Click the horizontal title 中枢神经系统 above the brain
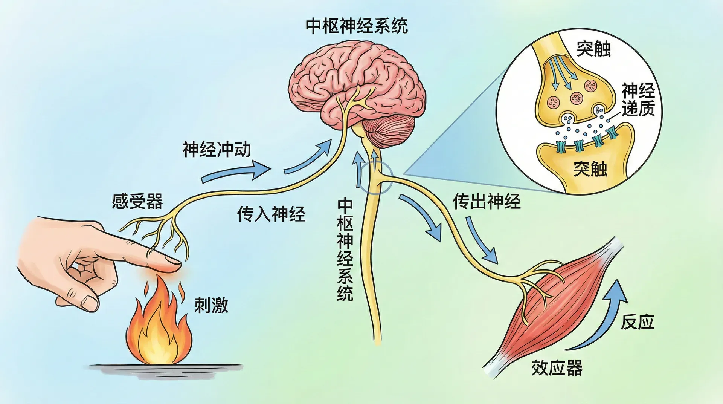coord(356,26)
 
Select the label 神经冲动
coord(217,150)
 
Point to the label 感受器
coord(137,201)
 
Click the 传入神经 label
coord(271,214)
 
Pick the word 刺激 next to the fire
coord(211,305)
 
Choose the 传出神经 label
coord(487,201)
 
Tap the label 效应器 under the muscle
coord(557,368)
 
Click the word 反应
coord(637,322)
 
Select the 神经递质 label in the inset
coord(638,100)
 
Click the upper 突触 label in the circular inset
coord(593,49)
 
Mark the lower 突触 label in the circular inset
coord(590,168)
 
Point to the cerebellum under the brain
coord(390,131)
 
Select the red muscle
coord(554,305)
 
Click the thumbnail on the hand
coord(90,303)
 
